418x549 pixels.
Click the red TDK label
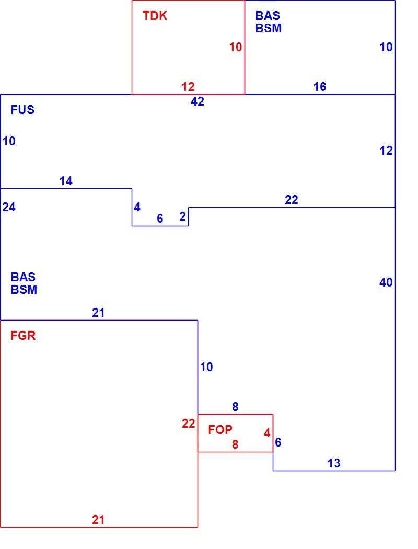(x=155, y=16)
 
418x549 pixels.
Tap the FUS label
(x=23, y=110)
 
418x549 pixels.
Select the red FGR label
(x=23, y=336)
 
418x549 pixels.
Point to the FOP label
(x=220, y=430)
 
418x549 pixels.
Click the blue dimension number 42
(x=198, y=101)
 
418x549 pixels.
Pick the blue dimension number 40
(x=386, y=282)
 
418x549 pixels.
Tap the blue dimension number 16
(x=320, y=87)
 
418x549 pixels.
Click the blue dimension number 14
(x=66, y=181)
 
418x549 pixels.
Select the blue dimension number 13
(x=334, y=463)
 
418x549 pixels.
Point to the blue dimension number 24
(x=9, y=207)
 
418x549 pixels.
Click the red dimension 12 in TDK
(x=188, y=87)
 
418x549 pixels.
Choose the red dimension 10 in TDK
(x=236, y=47)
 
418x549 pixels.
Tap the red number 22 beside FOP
(x=188, y=424)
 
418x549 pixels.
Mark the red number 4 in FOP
(x=267, y=433)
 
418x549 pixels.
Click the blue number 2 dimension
(x=182, y=217)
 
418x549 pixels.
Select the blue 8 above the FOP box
(x=235, y=407)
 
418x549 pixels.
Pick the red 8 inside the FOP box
(x=235, y=444)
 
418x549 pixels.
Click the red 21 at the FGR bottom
(x=98, y=520)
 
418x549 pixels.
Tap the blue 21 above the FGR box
(x=98, y=313)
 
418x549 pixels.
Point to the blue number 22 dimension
(x=292, y=200)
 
